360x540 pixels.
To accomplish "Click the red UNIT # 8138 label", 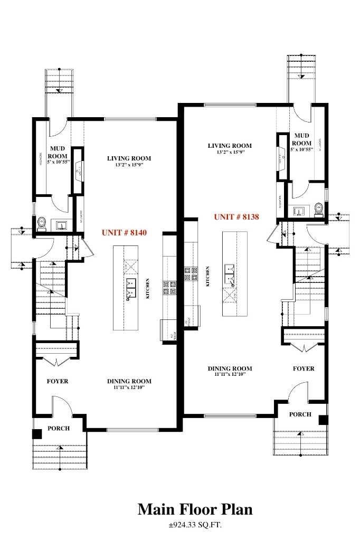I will click(236, 217).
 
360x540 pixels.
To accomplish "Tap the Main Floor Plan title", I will click(195, 509).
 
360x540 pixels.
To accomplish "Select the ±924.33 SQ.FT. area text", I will click(195, 525).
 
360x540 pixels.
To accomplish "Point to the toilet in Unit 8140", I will click(42, 224).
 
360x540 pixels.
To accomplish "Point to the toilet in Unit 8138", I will click(318, 210).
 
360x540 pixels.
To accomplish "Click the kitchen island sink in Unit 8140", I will click(130, 287).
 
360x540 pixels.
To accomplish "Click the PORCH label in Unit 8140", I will click(58, 428).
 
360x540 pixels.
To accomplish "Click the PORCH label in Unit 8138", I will click(300, 414).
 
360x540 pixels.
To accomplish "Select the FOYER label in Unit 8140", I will click(58, 381).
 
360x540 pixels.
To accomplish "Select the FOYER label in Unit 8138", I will click(304, 368).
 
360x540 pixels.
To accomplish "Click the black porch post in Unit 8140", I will click(36, 434).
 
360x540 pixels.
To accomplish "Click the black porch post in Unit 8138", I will click(323, 420).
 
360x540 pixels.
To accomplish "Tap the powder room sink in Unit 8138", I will click(299, 211).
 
